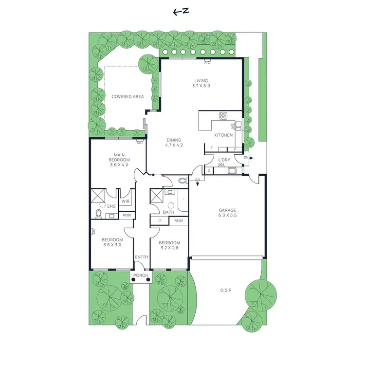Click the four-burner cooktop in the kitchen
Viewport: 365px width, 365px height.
(223, 116)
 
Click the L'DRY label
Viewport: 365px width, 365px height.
(224, 160)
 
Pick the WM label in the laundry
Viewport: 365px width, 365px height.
(221, 165)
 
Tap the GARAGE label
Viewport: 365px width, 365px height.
(227, 210)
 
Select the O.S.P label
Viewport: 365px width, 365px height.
(225, 291)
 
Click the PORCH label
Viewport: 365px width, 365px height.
(141, 276)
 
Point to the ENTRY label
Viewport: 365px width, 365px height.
(142, 257)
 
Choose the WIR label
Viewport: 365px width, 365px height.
(125, 201)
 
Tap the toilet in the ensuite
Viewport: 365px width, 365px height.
(99, 214)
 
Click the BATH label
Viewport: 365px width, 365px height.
(169, 212)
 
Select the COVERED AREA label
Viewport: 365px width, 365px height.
(128, 97)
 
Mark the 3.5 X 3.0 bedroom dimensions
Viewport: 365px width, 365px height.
(112, 245)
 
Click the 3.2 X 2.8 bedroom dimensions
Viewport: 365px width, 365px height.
(169, 248)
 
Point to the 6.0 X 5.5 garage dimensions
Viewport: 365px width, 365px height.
(227, 216)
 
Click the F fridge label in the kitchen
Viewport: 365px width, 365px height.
(212, 148)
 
